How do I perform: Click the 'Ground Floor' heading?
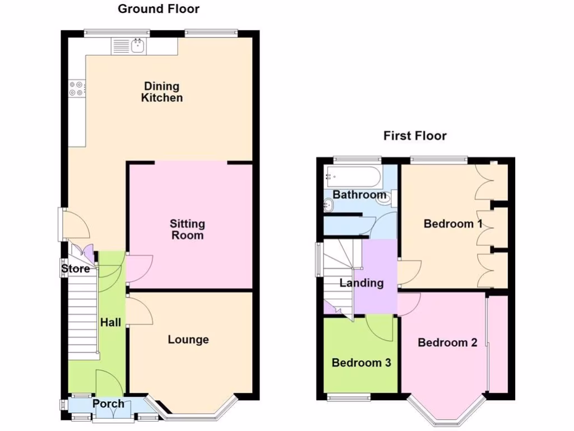(x=159, y=9)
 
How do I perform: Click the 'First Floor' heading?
(x=415, y=136)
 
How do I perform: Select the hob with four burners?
(x=76, y=89)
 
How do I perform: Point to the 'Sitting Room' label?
(x=187, y=230)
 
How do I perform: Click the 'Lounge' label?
(x=188, y=340)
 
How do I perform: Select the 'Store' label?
(x=76, y=269)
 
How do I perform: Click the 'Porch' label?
(x=108, y=404)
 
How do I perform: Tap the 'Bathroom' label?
(x=359, y=195)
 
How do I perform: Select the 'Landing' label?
(x=362, y=283)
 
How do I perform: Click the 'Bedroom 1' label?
(x=453, y=224)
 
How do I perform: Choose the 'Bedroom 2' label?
(x=447, y=342)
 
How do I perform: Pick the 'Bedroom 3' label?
(x=361, y=363)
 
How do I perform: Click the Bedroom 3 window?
(x=349, y=397)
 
